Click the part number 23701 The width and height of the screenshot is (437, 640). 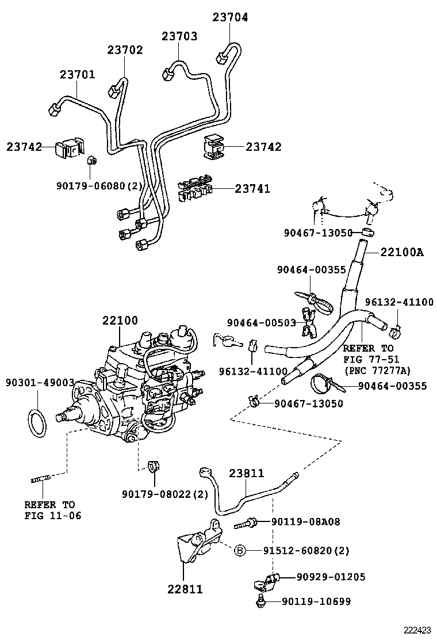click(x=77, y=75)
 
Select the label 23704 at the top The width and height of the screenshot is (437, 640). click(x=230, y=17)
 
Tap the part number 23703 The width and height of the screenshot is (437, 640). click(x=179, y=36)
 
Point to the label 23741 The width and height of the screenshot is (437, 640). click(x=252, y=188)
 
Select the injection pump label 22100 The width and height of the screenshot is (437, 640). click(x=120, y=321)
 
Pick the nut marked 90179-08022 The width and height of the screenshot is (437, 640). click(x=154, y=465)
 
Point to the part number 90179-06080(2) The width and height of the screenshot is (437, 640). click(x=99, y=185)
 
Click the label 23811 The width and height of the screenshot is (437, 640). click(x=246, y=474)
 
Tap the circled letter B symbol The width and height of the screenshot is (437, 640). click(x=240, y=551)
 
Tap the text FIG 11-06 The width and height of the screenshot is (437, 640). click(x=52, y=515)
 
